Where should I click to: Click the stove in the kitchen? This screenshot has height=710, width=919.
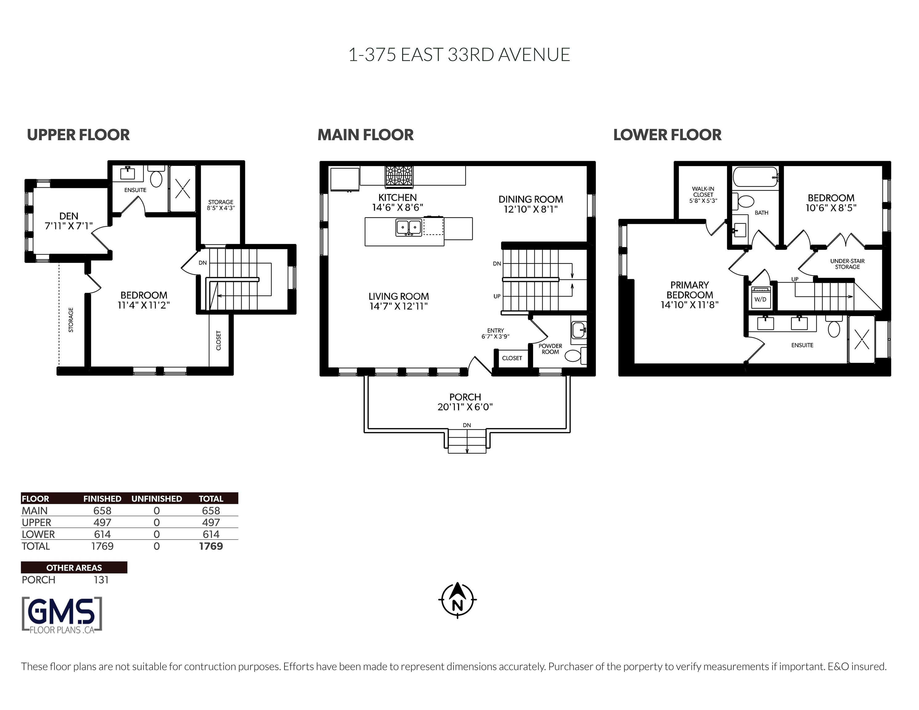pyautogui.click(x=399, y=176)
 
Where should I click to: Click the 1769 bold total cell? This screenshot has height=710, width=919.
pyautogui.click(x=211, y=546)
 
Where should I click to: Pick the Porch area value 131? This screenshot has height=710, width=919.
pyautogui.click(x=101, y=580)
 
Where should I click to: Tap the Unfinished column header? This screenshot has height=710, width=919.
pyautogui.click(x=157, y=499)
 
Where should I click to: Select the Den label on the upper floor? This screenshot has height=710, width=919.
pyautogui.click(x=69, y=216)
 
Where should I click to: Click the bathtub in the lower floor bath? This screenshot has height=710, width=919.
pyautogui.click(x=756, y=177)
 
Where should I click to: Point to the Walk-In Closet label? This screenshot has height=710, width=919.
pyautogui.click(x=703, y=192)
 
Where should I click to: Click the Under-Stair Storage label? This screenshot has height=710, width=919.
pyautogui.click(x=848, y=264)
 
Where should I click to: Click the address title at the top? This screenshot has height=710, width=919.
pyautogui.click(x=459, y=55)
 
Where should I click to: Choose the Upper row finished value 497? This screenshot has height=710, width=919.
pyautogui.click(x=102, y=522)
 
